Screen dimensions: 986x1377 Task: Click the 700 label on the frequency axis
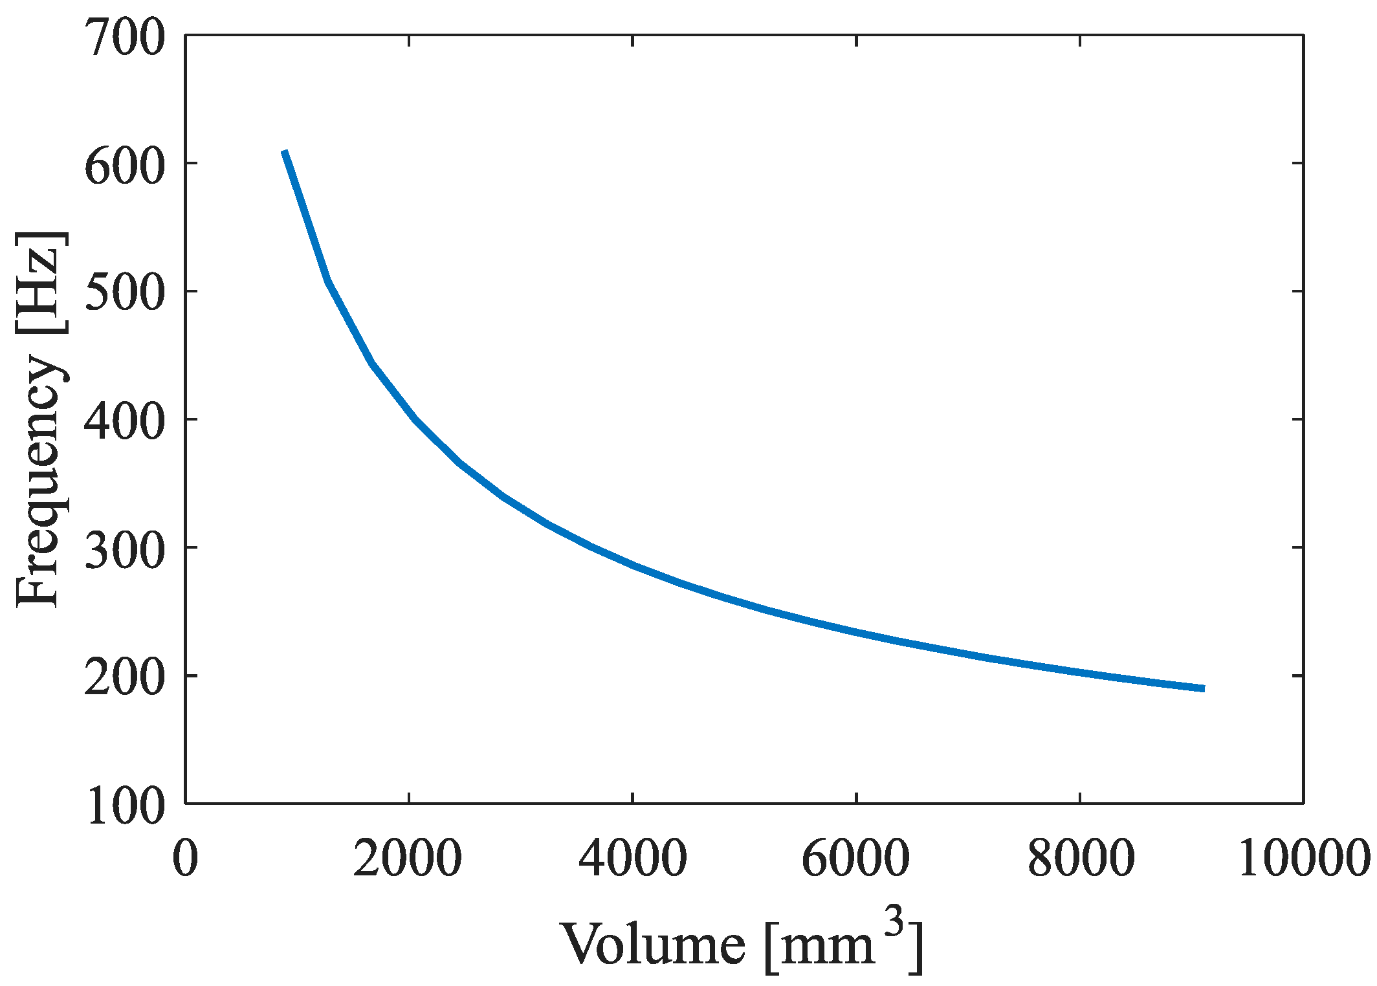125,39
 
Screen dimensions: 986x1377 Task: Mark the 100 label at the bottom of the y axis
125,807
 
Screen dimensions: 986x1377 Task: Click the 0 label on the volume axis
185,857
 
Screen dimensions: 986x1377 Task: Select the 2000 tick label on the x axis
408,857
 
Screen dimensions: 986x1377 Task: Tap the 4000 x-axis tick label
632,857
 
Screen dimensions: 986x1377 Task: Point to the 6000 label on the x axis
855,857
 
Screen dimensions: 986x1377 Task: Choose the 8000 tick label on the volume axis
1080,857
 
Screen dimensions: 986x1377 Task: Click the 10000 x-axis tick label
1303,857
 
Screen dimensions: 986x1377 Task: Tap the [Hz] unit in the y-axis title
40,281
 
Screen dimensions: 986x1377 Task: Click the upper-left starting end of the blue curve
285,152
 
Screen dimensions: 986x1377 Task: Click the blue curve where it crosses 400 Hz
414,419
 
